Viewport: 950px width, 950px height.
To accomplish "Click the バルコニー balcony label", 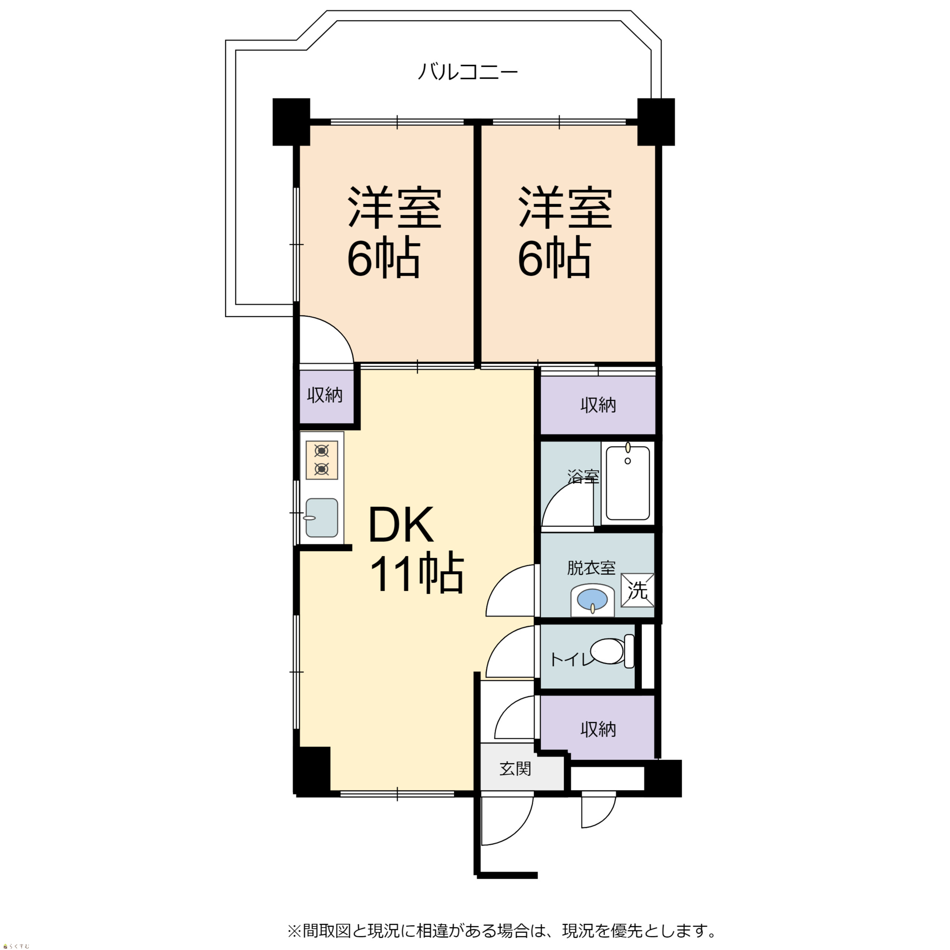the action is pos(468,72).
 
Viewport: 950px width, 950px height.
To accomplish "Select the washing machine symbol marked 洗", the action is pos(637,590).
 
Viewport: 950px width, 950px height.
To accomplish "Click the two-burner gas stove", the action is pos(322,460).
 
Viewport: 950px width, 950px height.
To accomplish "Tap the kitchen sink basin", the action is pos(322,518).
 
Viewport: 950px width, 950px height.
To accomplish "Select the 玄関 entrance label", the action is pos(515,769).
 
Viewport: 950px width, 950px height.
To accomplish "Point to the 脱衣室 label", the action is pos(591,568).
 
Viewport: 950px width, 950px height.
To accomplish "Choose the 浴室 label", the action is pos(583,476).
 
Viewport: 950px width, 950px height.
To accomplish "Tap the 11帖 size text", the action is pos(417,573).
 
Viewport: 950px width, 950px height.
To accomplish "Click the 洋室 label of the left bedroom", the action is pos(395,207).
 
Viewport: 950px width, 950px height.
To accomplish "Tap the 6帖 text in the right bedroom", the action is pos(554,257).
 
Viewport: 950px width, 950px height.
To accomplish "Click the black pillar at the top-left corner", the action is pos(291,122).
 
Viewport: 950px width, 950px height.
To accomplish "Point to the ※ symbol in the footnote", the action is pos(294,930).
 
